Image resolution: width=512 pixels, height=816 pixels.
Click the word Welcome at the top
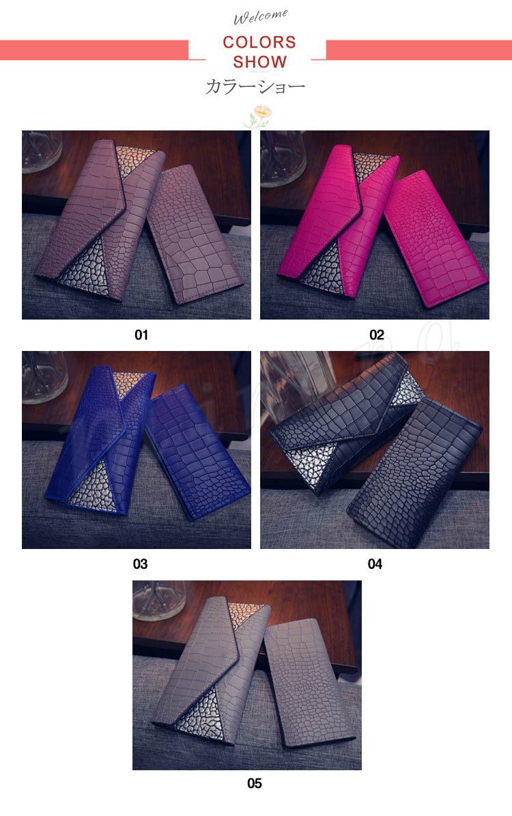tap(260, 16)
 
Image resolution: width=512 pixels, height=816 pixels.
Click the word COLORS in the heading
tap(259, 42)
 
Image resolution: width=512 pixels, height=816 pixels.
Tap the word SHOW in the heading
tap(259, 62)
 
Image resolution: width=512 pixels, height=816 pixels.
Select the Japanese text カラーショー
tap(255, 87)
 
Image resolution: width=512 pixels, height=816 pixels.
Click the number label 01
tap(141, 335)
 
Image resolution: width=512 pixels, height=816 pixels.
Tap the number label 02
tap(376, 335)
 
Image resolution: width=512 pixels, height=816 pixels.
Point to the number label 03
tap(140, 563)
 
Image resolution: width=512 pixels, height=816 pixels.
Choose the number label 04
tap(375, 563)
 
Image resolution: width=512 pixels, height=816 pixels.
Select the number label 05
tap(255, 783)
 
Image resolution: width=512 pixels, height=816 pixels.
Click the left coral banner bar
tap(94, 50)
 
